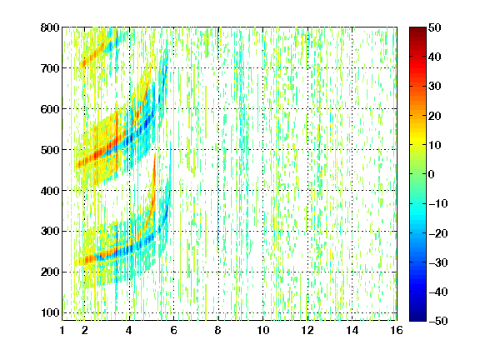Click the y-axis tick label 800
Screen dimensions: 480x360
pos(50,27)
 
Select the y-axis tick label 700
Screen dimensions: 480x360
pos(50,68)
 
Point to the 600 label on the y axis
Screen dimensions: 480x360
pos(50,109)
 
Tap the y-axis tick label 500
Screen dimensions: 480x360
pos(50,150)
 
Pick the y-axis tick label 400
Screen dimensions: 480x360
pos(50,191)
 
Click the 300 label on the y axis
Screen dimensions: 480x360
pos(50,232)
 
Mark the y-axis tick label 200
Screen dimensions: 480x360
pos(50,272)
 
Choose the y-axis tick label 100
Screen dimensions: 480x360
pos(50,312)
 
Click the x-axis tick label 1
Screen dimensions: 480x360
pos(62,330)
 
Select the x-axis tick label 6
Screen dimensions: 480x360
pos(174,330)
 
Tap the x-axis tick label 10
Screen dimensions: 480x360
pos(263,330)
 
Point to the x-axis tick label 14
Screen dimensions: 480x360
pos(352,330)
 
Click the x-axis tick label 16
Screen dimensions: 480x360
pos(397,330)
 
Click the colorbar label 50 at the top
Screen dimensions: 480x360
pos(435,27)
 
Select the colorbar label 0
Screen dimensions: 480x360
pos(432,174)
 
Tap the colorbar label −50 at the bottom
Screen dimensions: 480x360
pos(438,321)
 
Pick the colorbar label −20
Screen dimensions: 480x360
pos(438,233)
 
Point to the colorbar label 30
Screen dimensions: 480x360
pos(435,87)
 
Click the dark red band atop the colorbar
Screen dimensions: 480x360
pos(417,33)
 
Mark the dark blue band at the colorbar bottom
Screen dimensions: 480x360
pos(417,314)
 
